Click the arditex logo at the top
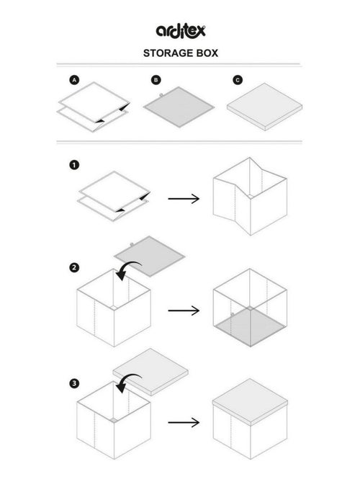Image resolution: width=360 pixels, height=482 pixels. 181,30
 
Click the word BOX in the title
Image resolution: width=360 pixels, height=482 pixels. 207,53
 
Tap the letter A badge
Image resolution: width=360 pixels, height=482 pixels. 73,80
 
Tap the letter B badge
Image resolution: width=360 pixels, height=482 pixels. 156,80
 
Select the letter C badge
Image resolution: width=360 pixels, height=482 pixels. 238,80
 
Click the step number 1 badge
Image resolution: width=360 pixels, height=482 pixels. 73,165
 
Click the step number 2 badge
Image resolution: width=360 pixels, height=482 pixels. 73,268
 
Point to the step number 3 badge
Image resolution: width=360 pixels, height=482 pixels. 73,383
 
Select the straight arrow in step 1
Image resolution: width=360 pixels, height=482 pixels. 183,197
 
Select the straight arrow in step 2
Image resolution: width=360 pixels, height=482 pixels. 183,311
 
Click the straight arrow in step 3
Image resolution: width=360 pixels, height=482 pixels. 183,422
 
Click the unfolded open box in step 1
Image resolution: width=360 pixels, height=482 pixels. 250,196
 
